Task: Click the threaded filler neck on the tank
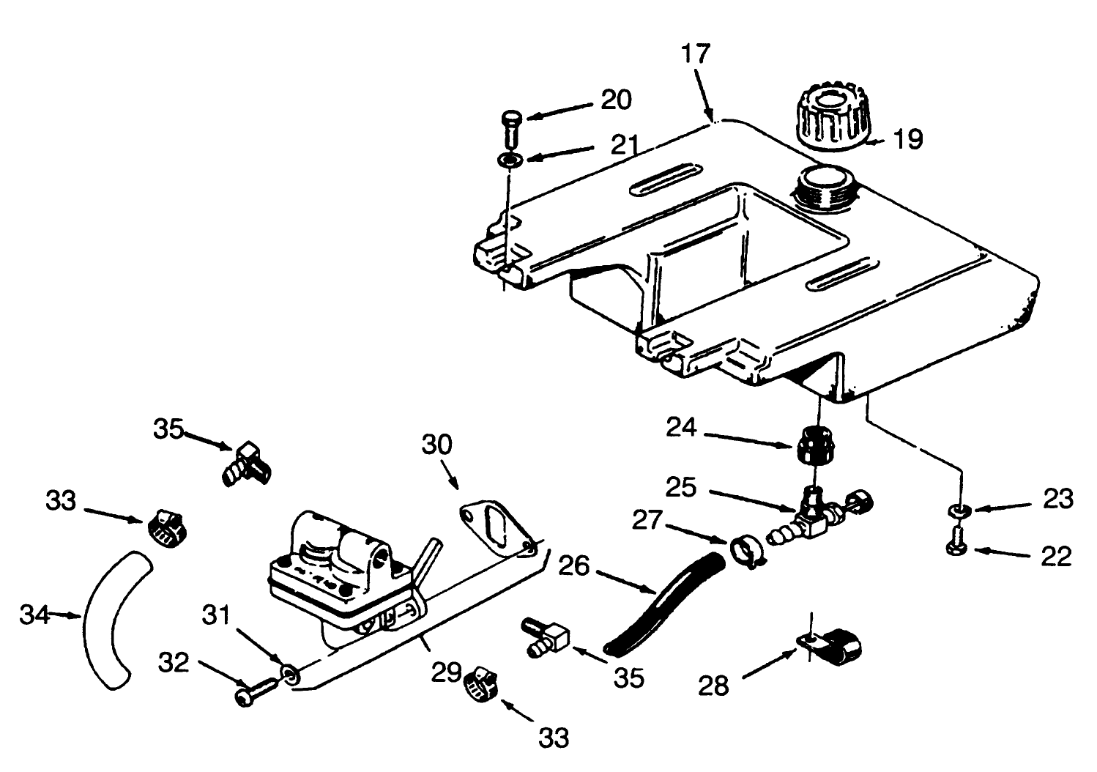(x=826, y=186)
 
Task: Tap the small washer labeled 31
(x=291, y=673)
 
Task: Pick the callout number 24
(x=681, y=427)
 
